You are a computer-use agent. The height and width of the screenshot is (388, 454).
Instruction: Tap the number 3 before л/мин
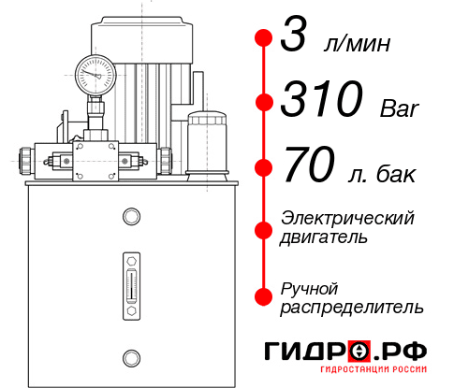295,40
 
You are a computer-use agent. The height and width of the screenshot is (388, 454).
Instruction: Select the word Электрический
347,217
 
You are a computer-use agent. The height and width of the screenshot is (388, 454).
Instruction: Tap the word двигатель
324,237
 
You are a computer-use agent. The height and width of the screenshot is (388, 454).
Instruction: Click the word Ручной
310,286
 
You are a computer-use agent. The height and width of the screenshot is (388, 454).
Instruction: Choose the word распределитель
352,307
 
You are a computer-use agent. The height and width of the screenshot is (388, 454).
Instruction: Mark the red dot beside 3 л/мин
263,39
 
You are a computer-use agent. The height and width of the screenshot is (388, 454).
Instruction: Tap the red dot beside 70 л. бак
263,167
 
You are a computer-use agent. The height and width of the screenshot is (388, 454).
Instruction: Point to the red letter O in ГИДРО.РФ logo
359,351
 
